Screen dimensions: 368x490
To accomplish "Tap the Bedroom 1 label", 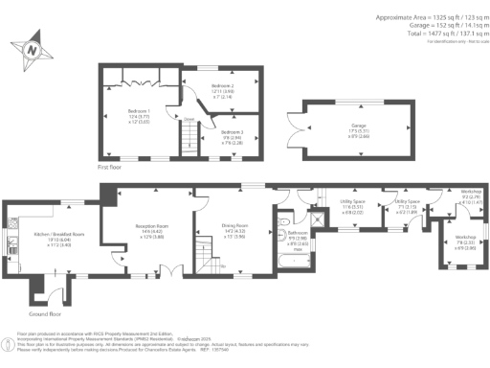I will [x=140, y=116].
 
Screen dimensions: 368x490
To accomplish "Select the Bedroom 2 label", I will [x=222, y=91].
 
